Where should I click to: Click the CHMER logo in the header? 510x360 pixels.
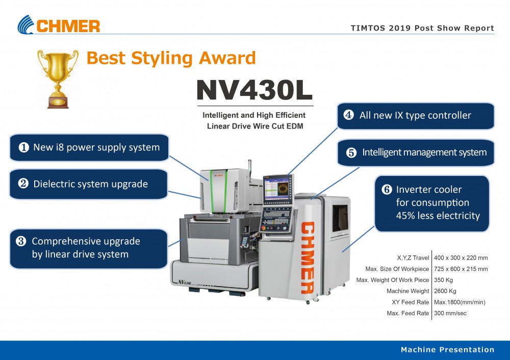[59, 24]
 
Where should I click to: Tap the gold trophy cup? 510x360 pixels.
[58, 79]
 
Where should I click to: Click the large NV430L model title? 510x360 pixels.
[254, 90]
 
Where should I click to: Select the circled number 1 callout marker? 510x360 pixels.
[24, 147]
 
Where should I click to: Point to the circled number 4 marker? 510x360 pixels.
[348, 115]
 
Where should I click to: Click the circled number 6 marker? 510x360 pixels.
[387, 189]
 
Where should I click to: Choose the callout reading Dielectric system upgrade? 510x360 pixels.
[88, 184]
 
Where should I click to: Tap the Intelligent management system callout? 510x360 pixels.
[416, 152]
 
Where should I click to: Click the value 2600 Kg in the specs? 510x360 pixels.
[445, 291]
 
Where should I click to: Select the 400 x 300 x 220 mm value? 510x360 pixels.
[461, 258]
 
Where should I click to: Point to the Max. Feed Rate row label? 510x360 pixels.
[408, 313]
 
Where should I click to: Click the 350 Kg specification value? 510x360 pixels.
[443, 280]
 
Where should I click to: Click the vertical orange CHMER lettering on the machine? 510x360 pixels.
[308, 258]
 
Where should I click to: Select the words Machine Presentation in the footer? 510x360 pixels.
[448, 350]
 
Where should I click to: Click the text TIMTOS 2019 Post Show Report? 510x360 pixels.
[422, 28]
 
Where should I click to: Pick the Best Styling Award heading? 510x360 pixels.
[171, 58]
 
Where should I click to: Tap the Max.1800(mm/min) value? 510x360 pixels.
[460, 302]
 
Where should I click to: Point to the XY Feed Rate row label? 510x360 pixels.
[411, 302]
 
